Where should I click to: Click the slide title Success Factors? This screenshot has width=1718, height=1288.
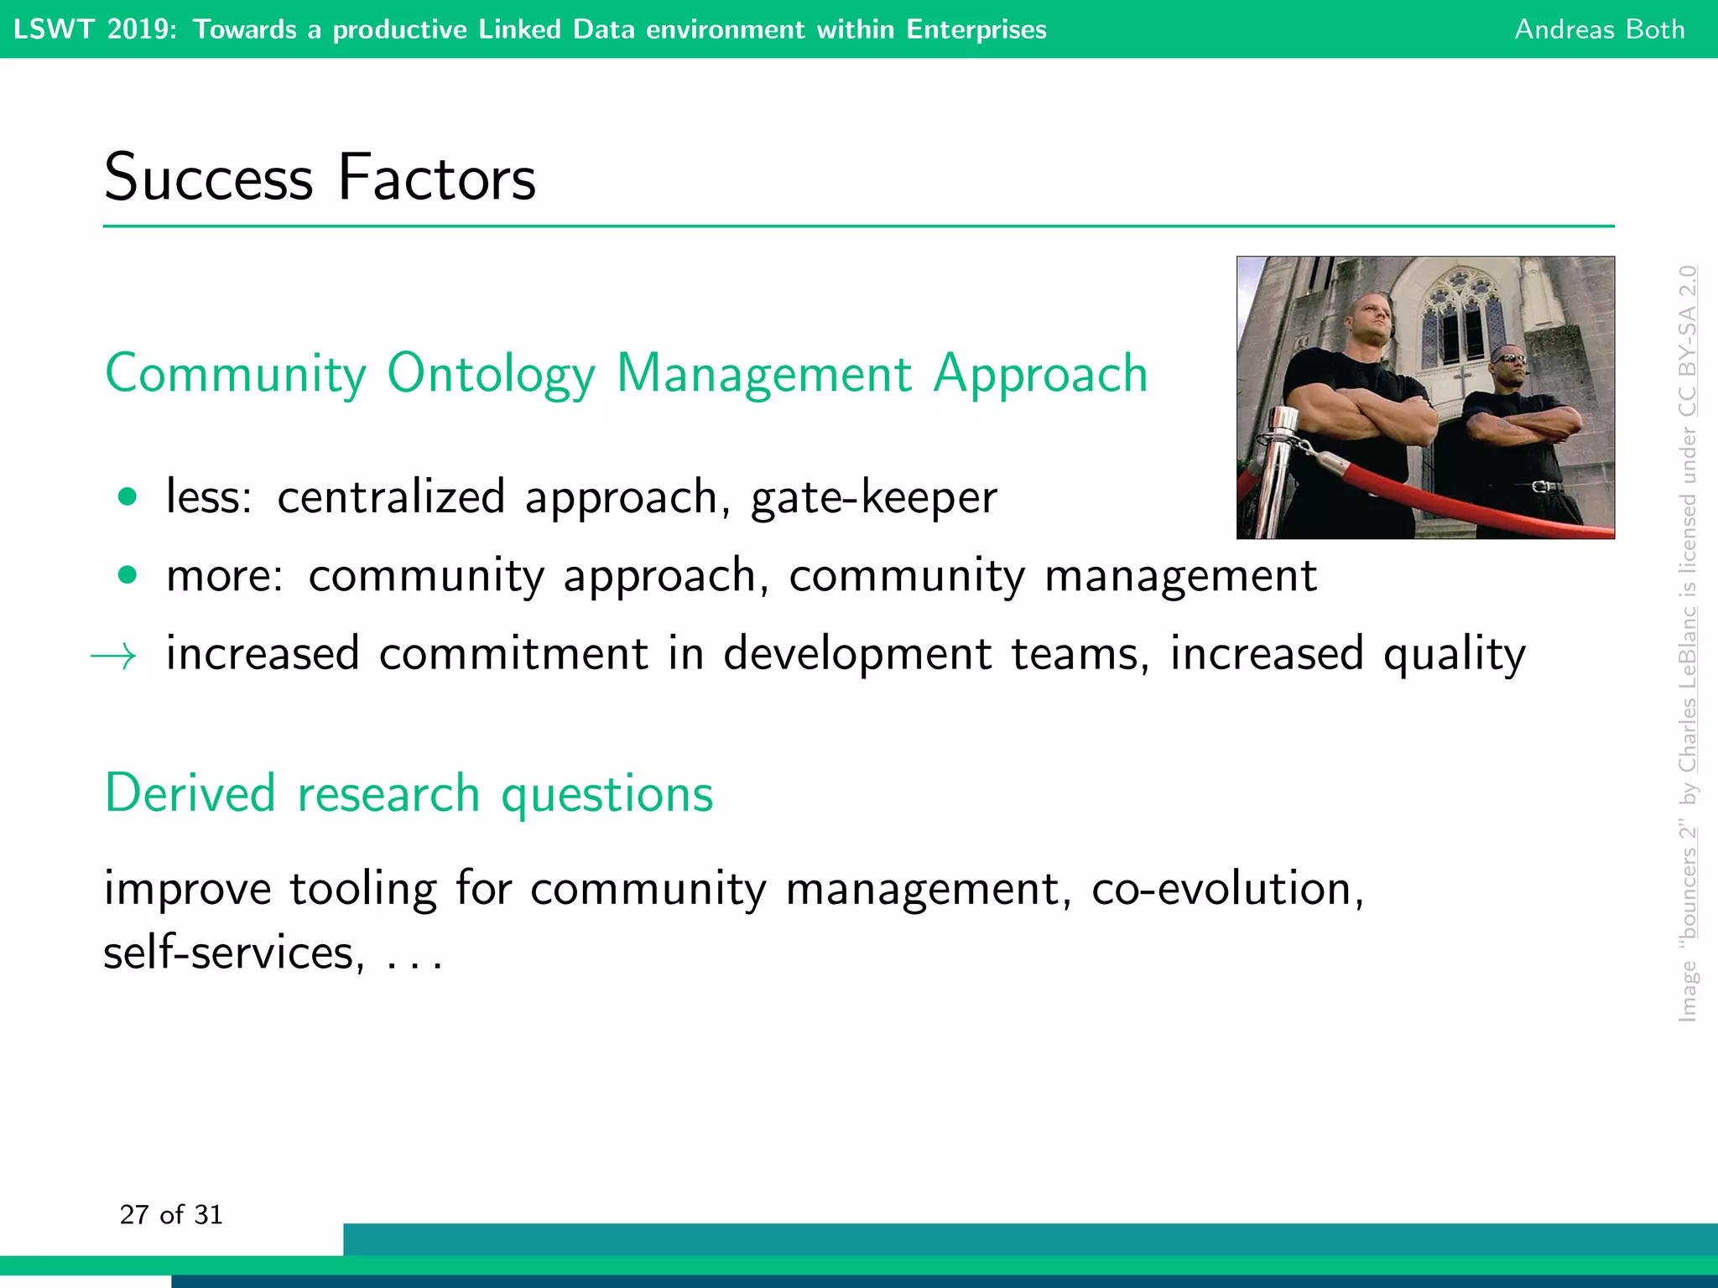[x=320, y=178]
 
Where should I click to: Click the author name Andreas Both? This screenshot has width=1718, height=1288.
[x=1599, y=29]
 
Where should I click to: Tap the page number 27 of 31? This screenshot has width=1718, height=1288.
[x=171, y=1214]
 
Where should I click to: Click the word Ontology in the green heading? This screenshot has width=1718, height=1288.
[x=491, y=374]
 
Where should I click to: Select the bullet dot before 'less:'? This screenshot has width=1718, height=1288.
[x=128, y=497]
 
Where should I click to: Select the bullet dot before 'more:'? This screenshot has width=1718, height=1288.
[x=128, y=575]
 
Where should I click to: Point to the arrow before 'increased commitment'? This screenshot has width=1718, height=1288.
[x=114, y=656]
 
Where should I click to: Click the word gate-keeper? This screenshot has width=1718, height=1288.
[x=873, y=497]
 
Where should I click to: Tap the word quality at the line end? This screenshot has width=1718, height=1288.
[x=1454, y=654]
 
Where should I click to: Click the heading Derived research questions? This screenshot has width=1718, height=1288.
[x=409, y=793]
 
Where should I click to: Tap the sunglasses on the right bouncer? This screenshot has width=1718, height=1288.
[x=1509, y=359]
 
